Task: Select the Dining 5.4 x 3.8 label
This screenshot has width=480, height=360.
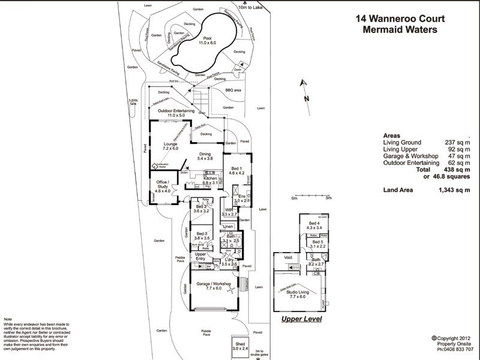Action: [206, 156]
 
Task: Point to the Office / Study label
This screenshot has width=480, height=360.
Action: [163, 186]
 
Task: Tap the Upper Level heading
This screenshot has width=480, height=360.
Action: [301, 319]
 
